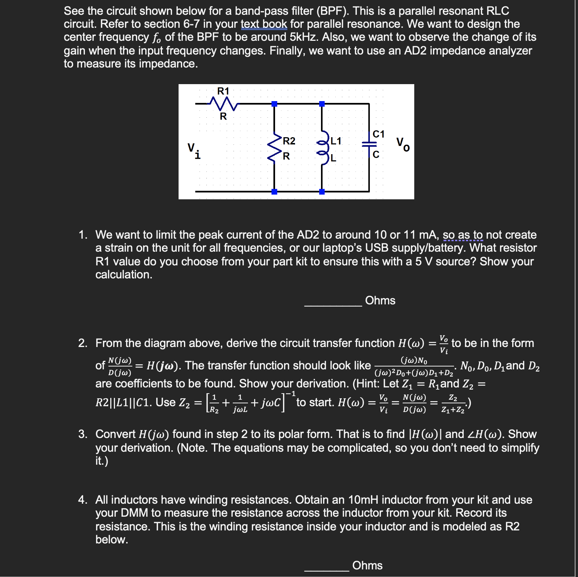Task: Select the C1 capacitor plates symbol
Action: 369,144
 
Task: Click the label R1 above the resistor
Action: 223,91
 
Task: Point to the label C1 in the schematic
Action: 378,134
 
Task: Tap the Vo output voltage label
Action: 403,144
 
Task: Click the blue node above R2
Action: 274,104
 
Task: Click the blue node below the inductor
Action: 322,192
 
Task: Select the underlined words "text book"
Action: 264,24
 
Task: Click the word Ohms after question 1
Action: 380,300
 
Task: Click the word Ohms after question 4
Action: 367,565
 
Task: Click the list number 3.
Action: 83,434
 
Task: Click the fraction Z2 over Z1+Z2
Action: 453,404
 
